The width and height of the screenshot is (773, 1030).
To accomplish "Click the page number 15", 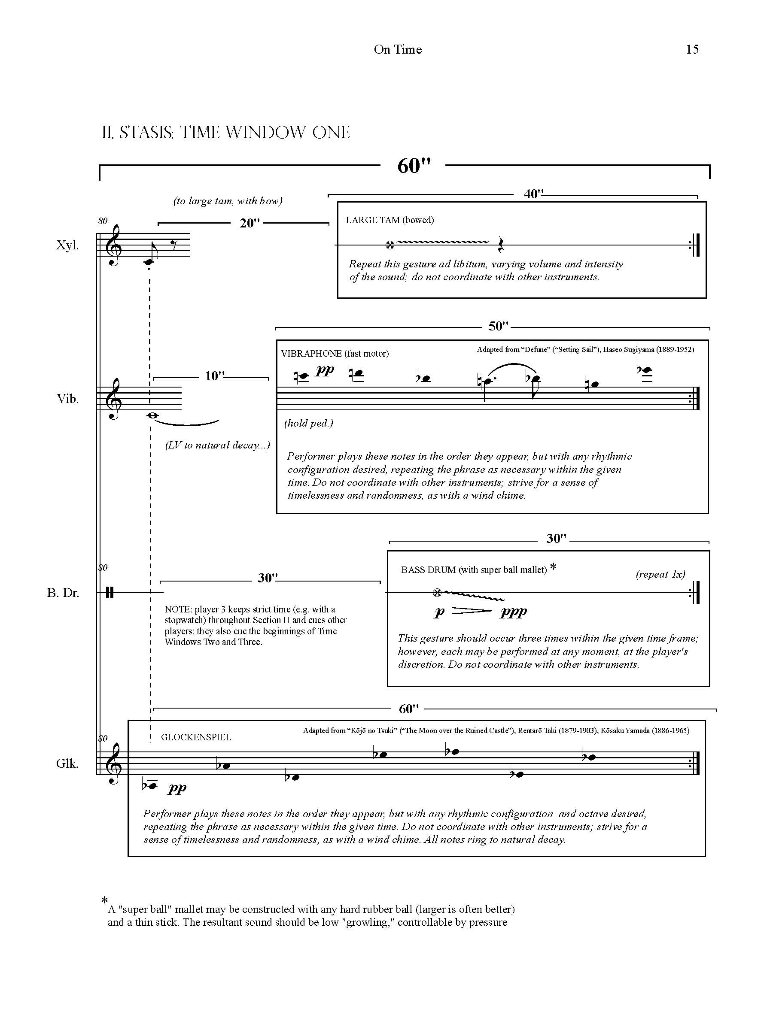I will pyautogui.click(x=692, y=49).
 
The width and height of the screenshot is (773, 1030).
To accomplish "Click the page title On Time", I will pyautogui.click(x=397, y=49).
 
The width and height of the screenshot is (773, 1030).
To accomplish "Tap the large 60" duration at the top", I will pyautogui.click(x=414, y=166).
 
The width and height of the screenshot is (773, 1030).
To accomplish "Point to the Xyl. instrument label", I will pyautogui.click(x=67, y=245).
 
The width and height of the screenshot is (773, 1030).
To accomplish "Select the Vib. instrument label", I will pyautogui.click(x=67, y=399).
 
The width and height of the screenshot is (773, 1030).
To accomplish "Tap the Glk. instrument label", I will pyautogui.click(x=67, y=763).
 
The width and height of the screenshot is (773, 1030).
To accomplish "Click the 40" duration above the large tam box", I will pyautogui.click(x=533, y=194).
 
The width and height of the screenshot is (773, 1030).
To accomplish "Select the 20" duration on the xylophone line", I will pyautogui.click(x=249, y=223).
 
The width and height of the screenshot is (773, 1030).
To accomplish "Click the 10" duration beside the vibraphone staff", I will pyautogui.click(x=215, y=376).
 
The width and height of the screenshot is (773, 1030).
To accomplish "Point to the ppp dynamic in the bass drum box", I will pyautogui.click(x=513, y=612).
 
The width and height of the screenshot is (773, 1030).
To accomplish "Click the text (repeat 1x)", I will pyautogui.click(x=660, y=574).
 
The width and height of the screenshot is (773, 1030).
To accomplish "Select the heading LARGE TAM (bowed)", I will pyautogui.click(x=390, y=220).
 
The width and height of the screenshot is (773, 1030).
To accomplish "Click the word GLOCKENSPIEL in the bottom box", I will pyautogui.click(x=196, y=737).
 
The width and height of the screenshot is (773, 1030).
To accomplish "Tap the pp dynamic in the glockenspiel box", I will pyautogui.click(x=177, y=788).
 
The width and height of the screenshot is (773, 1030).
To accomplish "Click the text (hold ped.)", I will pyautogui.click(x=308, y=423).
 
